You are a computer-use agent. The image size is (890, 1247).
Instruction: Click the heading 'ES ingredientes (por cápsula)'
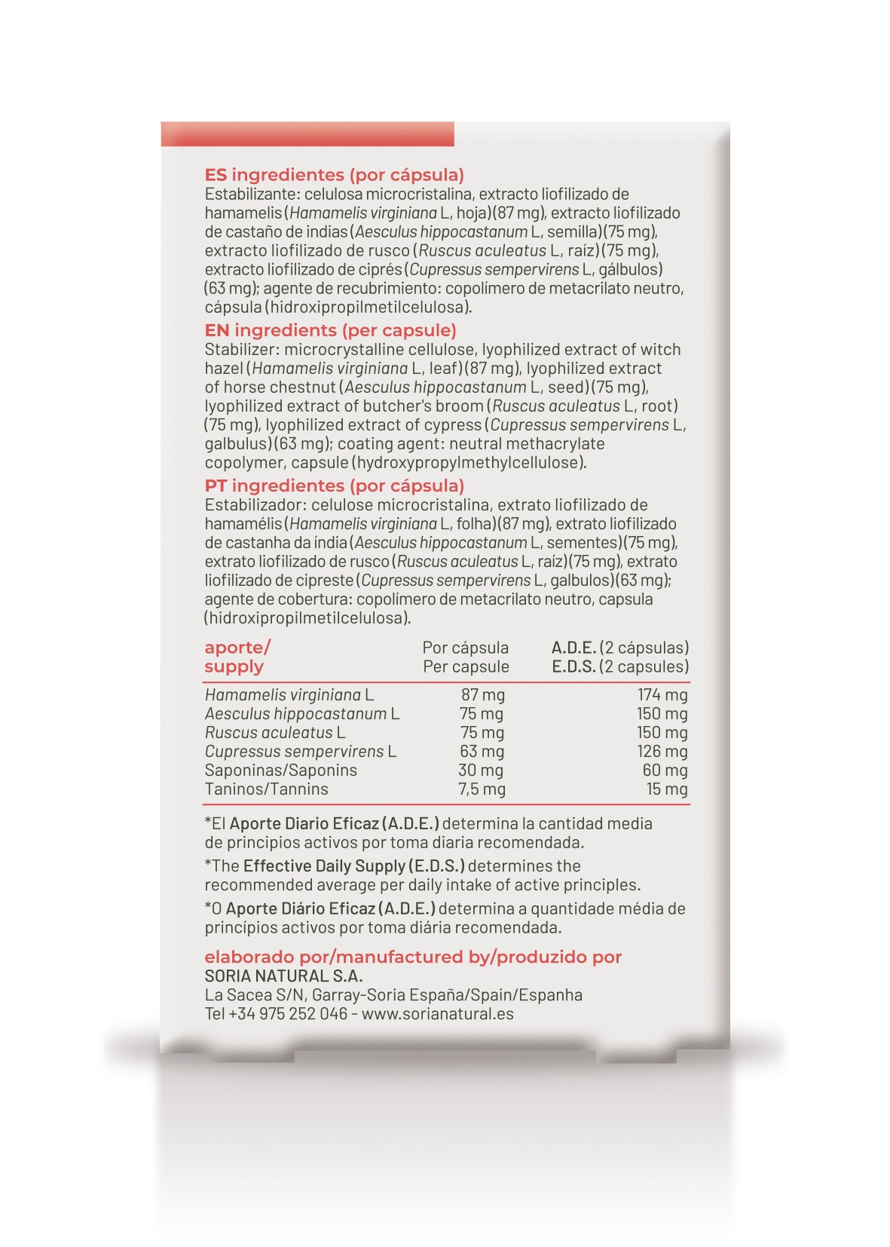point(334,175)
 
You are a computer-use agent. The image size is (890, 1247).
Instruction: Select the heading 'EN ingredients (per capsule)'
point(330,330)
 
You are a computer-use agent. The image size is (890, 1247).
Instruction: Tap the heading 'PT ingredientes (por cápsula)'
point(334,486)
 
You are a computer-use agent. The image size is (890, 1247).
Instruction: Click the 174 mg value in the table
point(662,695)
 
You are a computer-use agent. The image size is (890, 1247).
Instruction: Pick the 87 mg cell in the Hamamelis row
point(483,695)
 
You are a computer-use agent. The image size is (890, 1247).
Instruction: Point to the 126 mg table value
point(662,752)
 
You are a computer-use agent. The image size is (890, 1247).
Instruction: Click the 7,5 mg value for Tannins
point(482,789)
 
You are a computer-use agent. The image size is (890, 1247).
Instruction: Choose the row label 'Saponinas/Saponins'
point(280,771)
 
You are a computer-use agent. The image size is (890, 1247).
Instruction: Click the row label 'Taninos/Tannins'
point(266,789)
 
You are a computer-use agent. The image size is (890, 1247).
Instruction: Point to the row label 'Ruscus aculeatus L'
point(275,733)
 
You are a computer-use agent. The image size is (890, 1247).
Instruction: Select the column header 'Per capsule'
point(466,667)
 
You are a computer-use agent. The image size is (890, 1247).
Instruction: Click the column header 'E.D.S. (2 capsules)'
point(620,667)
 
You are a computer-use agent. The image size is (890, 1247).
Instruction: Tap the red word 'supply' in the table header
point(234,667)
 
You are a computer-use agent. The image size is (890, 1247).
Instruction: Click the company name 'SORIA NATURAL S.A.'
point(283,976)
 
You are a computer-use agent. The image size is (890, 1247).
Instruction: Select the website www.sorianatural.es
point(437,1014)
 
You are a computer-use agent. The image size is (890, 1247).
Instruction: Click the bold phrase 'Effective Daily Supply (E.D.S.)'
point(353,866)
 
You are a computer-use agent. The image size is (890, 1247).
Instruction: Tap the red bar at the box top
point(307,134)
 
